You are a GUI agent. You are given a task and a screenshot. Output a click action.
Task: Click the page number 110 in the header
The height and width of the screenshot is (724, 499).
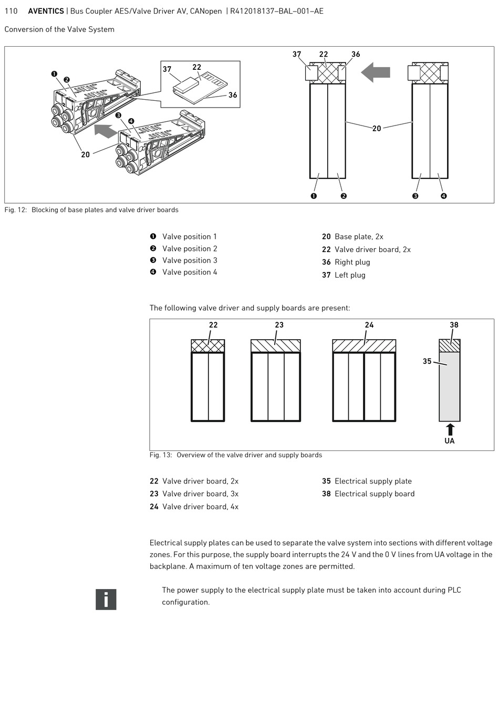pyautogui.click(x=11, y=11)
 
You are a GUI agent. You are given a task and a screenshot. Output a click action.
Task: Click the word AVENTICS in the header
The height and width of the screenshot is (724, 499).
pyautogui.click(x=46, y=11)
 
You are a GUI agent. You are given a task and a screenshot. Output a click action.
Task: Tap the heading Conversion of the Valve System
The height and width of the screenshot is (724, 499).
pyautogui.click(x=59, y=29)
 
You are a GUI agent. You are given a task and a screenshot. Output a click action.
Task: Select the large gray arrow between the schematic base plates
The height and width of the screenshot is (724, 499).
pyautogui.click(x=376, y=72)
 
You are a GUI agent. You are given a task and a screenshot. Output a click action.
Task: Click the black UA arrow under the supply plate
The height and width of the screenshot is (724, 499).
pyautogui.click(x=450, y=429)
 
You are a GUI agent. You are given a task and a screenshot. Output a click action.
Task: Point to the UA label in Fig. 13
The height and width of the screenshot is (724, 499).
pyautogui.click(x=450, y=441)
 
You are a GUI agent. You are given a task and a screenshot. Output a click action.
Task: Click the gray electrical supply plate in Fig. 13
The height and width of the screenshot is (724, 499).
pyautogui.click(x=450, y=389)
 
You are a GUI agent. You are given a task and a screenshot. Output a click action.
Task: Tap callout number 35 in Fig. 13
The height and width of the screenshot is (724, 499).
pyautogui.click(x=427, y=361)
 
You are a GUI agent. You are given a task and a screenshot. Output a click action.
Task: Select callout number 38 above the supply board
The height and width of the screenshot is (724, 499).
pyautogui.click(x=454, y=325)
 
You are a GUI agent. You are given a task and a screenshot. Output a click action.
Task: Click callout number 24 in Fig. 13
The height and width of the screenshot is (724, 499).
pyautogui.click(x=369, y=325)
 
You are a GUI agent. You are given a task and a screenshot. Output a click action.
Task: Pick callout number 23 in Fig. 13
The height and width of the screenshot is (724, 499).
pyautogui.click(x=279, y=325)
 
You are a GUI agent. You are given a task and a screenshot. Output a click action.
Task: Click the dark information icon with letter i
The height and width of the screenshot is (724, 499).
pyautogui.click(x=106, y=600)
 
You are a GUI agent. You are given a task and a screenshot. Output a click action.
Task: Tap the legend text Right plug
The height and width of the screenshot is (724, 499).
pyautogui.click(x=352, y=262)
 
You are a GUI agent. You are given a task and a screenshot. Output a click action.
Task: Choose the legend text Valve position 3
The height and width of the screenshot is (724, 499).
pyautogui.click(x=190, y=260)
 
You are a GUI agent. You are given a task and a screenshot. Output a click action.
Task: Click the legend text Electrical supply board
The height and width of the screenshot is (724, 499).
pyautogui.click(x=375, y=494)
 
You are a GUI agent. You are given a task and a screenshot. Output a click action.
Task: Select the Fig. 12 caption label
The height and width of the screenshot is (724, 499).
pyautogui.click(x=15, y=210)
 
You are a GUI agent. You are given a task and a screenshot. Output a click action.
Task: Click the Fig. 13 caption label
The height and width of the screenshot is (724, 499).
pyautogui.click(x=161, y=455)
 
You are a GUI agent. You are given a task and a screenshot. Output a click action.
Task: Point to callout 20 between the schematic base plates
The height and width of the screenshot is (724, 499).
pyautogui.click(x=377, y=129)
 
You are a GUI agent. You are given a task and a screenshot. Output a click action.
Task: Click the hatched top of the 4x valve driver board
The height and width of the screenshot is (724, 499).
pyautogui.click(x=364, y=346)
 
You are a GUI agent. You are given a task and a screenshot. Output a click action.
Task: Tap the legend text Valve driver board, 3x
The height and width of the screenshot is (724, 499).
pyautogui.click(x=200, y=494)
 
